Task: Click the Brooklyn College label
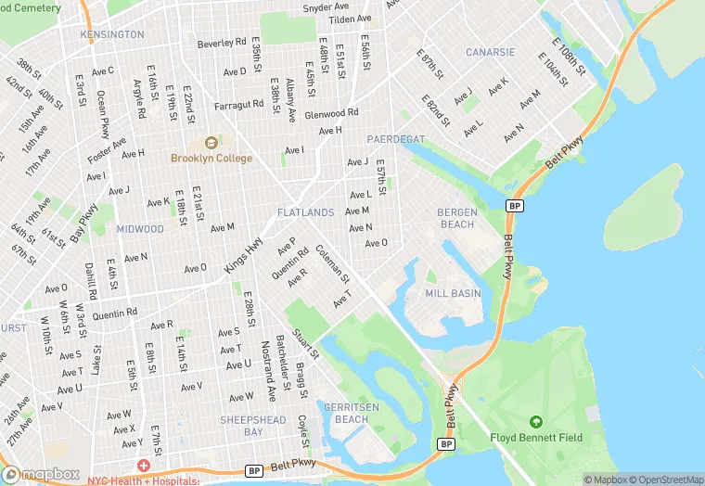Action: [x=211, y=159]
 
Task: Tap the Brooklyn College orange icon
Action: [x=211, y=143]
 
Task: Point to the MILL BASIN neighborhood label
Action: [x=453, y=293]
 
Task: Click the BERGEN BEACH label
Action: [x=456, y=218]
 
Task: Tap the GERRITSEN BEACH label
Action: [x=343, y=413]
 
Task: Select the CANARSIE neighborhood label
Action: [x=490, y=52]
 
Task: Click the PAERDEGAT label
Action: [x=395, y=139]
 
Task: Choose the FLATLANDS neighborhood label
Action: [x=305, y=213]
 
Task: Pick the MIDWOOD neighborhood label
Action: [x=140, y=229]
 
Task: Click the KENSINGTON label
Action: [x=112, y=34]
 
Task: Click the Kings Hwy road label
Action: [x=243, y=251]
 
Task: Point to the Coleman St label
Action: [x=332, y=263]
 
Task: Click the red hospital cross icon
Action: [x=144, y=466]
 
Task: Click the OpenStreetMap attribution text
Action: [x=665, y=480]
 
